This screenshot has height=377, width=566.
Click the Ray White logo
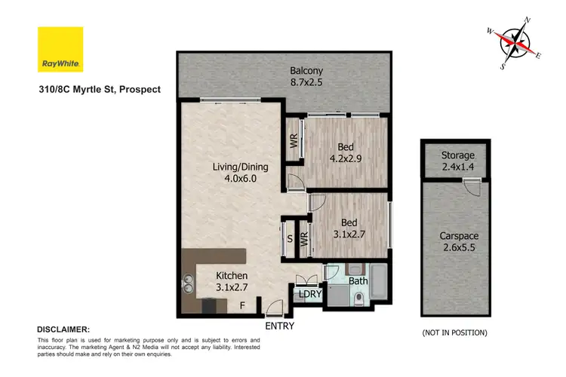[60, 50]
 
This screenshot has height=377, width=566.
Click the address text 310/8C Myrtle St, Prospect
[99, 89]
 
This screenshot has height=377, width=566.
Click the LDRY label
[309, 293]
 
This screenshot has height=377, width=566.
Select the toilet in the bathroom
[359, 301]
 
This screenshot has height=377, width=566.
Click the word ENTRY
[279, 326]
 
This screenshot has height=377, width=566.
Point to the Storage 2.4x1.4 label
[458, 161]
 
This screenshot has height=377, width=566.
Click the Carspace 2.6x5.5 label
[459, 241]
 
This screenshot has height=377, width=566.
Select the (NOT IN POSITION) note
[454, 333]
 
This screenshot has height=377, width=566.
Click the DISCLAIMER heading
[63, 329]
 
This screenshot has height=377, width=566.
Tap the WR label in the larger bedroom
[294, 139]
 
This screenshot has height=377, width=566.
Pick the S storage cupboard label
[289, 239]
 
